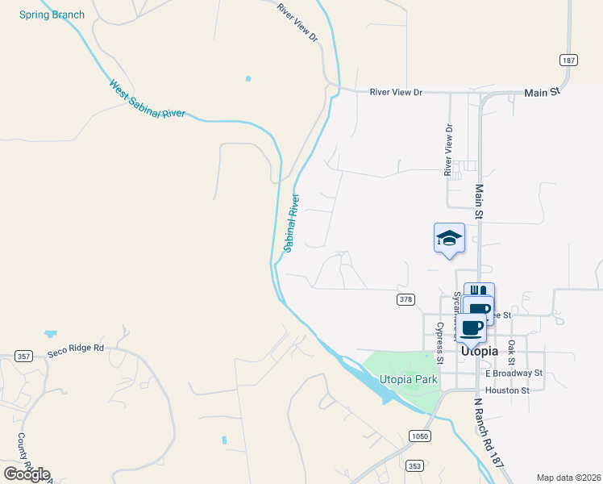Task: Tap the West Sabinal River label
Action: click(147, 99)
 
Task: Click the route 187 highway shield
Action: click(568, 60)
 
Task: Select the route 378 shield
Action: click(405, 299)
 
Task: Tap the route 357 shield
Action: click(23, 356)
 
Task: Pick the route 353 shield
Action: click(414, 465)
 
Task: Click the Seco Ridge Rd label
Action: click(77, 348)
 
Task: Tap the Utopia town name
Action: click(479, 352)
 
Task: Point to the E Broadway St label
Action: click(514, 373)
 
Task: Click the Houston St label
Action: click(507, 390)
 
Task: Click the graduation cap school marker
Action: click(449, 238)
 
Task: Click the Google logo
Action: click(27, 474)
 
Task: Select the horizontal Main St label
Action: click(541, 93)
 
